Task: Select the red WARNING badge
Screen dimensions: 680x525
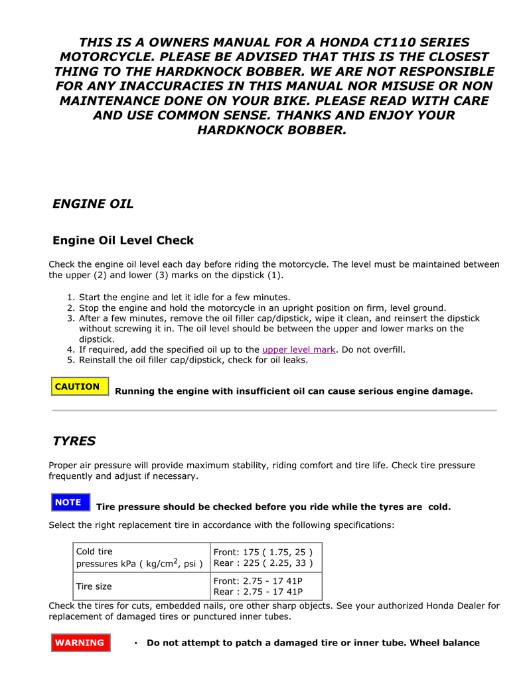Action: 80,643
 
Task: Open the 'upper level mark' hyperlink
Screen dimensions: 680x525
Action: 299,349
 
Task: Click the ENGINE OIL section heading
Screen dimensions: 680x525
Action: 93,204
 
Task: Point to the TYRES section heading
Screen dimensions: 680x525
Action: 74,441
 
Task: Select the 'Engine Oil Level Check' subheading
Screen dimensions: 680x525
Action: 123,240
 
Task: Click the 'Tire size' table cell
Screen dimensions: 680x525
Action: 94,586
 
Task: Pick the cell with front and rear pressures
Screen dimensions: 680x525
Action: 263,558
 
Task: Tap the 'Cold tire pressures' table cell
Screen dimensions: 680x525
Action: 139,558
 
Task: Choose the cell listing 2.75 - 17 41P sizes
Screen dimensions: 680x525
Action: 258,586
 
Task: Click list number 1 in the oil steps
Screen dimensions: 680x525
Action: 70,297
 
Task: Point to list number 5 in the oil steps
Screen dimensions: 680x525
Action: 70,361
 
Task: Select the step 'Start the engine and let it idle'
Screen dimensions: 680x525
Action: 185,297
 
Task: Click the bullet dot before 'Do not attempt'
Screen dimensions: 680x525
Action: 135,643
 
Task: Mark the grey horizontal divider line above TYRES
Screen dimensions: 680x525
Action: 274,411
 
